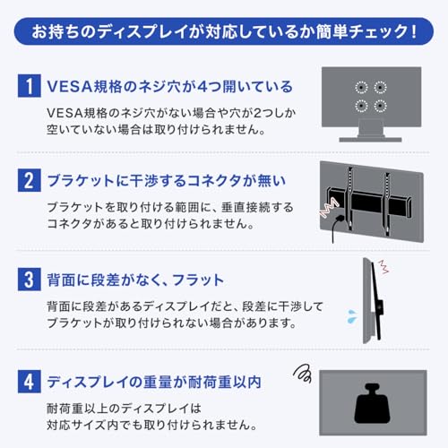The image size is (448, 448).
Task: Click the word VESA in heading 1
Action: pyautogui.click(x=68, y=87)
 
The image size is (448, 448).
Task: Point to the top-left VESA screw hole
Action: pyautogui.click(x=362, y=87)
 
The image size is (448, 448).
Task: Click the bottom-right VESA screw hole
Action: pyautogui.click(x=381, y=106)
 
